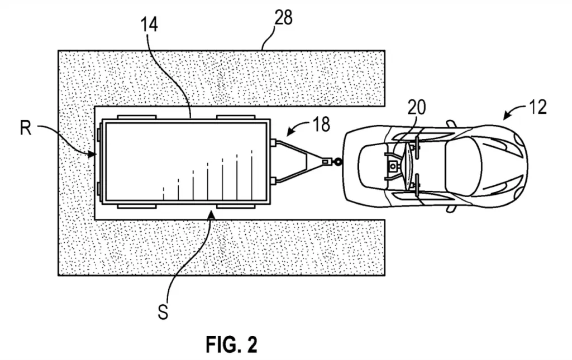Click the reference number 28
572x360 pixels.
coord(283,18)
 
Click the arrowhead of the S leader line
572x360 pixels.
coord(212,214)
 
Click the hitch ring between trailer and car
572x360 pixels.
coord(338,162)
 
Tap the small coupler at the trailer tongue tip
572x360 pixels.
coord(325,162)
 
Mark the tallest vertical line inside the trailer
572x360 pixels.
coord(252,174)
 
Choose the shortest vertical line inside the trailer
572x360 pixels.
coord(164,193)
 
